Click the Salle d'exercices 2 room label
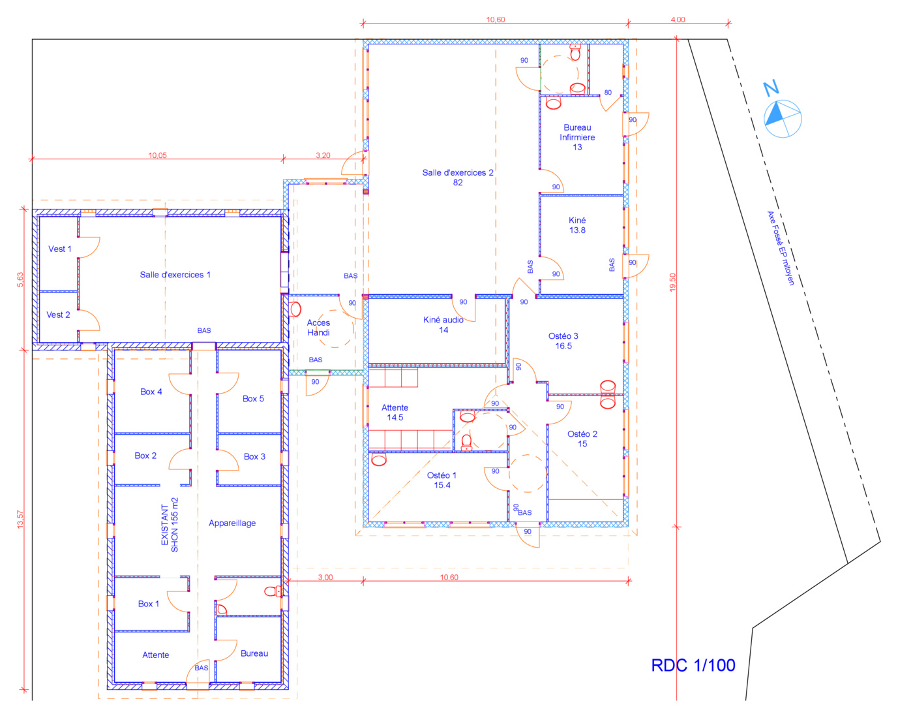click(x=457, y=178)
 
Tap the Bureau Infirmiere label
click(x=577, y=137)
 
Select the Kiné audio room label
click(x=443, y=325)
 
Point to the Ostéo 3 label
click(x=563, y=341)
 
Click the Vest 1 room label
click(x=60, y=249)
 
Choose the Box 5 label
click(x=253, y=398)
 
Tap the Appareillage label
click(x=232, y=523)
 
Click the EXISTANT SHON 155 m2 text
click(x=170, y=525)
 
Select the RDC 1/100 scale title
click(x=693, y=666)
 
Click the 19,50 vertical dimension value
click(x=672, y=283)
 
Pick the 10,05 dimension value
click(x=157, y=155)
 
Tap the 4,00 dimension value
click(x=678, y=20)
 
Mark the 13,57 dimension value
click(x=20, y=520)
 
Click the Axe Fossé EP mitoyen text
click(x=781, y=248)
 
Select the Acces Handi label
click(x=318, y=328)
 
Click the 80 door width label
click(x=608, y=92)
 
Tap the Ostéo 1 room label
click(x=442, y=480)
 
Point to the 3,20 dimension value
click(x=323, y=155)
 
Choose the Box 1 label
click(x=149, y=604)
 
